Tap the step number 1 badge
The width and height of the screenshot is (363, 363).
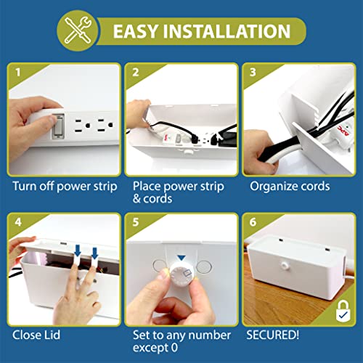tap(17, 73)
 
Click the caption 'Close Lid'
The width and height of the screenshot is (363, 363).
tap(36, 335)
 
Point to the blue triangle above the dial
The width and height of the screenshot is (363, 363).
tap(181, 258)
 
